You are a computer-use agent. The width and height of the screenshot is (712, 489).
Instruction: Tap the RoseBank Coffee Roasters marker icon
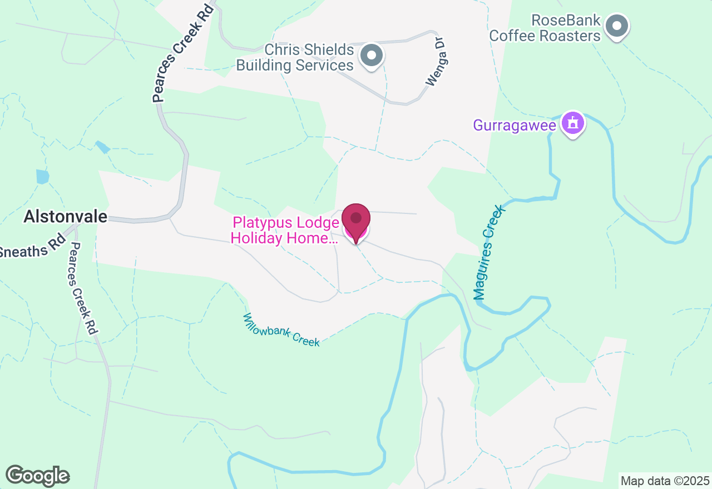point(616,26)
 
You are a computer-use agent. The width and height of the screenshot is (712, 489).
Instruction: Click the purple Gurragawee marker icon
point(573,122)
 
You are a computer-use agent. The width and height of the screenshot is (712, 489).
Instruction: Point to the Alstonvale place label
point(65,217)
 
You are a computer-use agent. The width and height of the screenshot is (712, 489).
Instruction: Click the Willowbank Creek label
point(281,330)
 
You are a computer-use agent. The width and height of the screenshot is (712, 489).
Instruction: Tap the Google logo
point(38,476)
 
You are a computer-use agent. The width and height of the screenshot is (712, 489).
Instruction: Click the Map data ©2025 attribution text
point(665,481)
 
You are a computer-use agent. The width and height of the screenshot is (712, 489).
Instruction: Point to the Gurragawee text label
point(514,125)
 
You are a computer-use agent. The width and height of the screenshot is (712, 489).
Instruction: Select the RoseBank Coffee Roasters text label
point(545,28)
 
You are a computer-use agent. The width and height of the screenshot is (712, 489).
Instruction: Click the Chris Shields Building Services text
point(295,58)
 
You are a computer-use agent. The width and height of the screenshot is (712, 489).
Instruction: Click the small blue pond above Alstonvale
point(42,177)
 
